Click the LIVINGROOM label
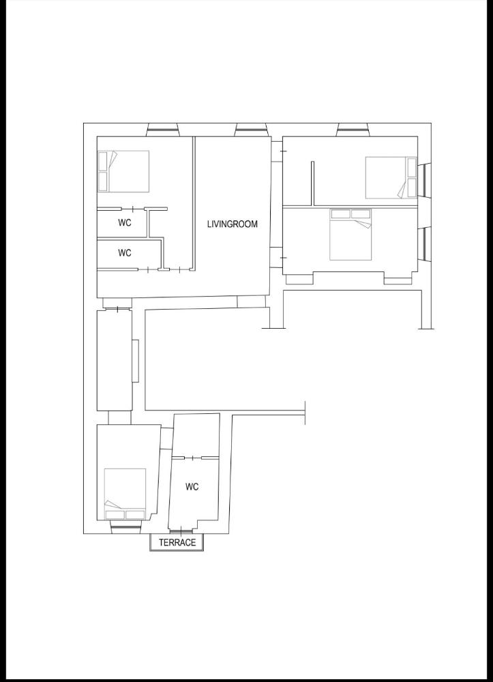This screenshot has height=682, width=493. pyautogui.click(x=233, y=224)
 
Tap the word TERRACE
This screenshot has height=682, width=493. pyautogui.click(x=177, y=543)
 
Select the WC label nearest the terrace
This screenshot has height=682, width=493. pyautogui.click(x=192, y=487)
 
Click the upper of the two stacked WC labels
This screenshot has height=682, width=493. pyautogui.click(x=125, y=223)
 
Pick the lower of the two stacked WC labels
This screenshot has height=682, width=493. pyautogui.click(x=125, y=253)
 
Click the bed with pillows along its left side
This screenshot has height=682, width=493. pyautogui.click(x=123, y=170)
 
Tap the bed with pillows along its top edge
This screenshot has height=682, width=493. pyautogui.click(x=350, y=235)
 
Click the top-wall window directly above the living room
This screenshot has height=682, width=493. pyautogui.click(x=250, y=129)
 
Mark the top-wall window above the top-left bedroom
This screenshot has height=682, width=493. pyautogui.click(x=163, y=129)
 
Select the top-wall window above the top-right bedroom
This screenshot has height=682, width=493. pyautogui.click(x=352, y=129)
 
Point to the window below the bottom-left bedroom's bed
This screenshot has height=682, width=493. pyautogui.click(x=125, y=527)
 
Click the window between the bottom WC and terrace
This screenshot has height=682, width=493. pyautogui.click(x=181, y=531)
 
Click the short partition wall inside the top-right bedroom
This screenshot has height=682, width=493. pyautogui.click(x=312, y=183)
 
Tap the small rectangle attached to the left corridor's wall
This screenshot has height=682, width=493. pyautogui.click(x=136, y=361)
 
